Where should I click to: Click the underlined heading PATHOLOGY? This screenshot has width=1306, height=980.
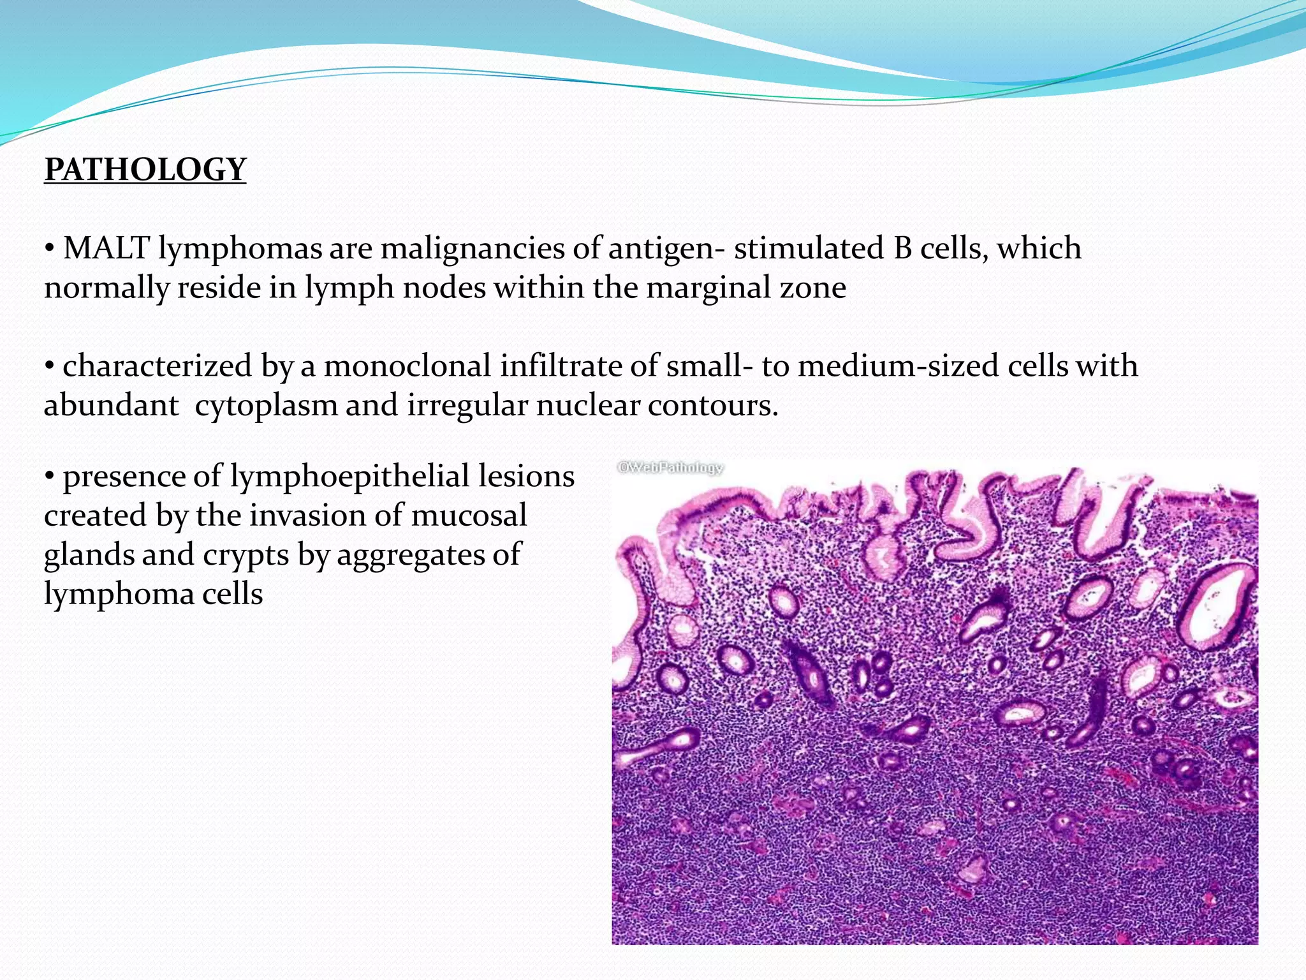pos(145,170)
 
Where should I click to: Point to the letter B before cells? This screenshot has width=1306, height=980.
pos(902,248)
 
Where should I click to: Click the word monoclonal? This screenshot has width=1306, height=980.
pos(407,366)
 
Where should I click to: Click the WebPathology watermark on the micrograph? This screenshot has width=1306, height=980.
pos(670,468)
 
